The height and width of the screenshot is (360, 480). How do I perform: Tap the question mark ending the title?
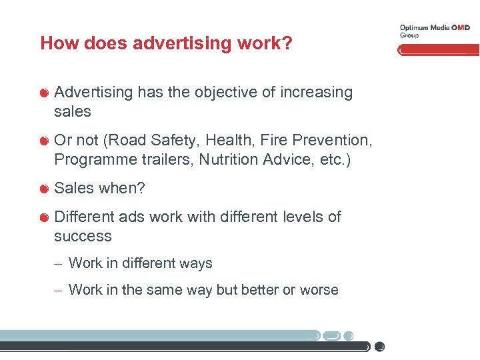[x=287, y=43]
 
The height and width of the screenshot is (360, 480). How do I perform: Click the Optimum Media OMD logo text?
[x=434, y=27]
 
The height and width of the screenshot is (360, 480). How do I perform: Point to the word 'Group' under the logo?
[x=409, y=35]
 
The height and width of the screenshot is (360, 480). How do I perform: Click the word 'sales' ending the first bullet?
[x=72, y=111]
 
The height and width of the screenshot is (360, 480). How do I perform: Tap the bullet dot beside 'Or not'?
[x=44, y=141]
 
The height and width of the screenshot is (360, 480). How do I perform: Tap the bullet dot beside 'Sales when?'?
[x=44, y=189]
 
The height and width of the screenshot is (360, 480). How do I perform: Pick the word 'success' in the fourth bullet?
[x=83, y=236]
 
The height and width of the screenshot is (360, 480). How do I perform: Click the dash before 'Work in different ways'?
[x=59, y=264]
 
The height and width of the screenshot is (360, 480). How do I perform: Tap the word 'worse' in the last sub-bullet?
[x=320, y=290]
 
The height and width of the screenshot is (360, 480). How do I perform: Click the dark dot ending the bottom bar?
[x=379, y=347]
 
